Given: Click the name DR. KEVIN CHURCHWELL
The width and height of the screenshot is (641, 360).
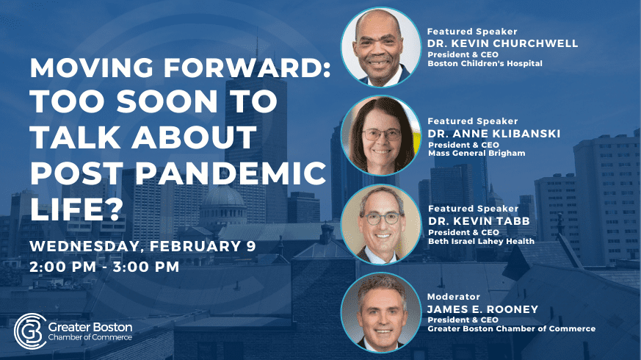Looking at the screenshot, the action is click(502, 43).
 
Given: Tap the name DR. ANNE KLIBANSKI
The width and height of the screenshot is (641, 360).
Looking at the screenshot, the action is click(494, 134).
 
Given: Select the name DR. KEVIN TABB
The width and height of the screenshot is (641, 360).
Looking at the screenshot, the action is click(479, 221).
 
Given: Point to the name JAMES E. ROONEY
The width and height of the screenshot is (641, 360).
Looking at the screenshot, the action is click(482, 309).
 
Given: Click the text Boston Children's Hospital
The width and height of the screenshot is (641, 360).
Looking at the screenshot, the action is click(485, 63).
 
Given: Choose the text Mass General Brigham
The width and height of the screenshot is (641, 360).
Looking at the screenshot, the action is click(477, 154).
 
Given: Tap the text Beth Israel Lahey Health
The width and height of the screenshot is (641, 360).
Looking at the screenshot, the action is click(481, 242).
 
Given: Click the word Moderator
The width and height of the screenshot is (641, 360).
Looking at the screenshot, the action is click(453, 297).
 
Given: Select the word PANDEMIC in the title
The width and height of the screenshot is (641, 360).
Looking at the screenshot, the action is click(231, 173).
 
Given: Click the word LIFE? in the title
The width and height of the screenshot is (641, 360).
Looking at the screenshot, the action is click(76, 209).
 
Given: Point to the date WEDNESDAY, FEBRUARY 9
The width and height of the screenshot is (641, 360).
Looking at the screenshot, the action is click(142, 246).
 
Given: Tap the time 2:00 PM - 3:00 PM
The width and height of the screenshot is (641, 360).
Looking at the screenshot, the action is click(104, 267).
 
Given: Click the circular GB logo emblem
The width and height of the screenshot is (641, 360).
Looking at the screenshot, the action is click(30, 331).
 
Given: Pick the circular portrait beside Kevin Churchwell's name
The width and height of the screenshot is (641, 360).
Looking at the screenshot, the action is click(381, 47).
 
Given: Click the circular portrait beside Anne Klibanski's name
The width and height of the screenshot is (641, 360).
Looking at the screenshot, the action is click(381, 135).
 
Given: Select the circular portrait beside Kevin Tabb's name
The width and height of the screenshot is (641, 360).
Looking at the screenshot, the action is click(381, 224).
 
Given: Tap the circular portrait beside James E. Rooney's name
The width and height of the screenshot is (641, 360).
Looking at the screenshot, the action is click(381, 312).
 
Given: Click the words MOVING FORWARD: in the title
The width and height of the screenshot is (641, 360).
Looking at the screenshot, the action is click(180, 68).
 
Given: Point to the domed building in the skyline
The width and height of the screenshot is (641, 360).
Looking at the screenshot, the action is click(223, 204).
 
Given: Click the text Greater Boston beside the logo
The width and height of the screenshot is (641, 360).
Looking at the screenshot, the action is click(90, 327).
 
